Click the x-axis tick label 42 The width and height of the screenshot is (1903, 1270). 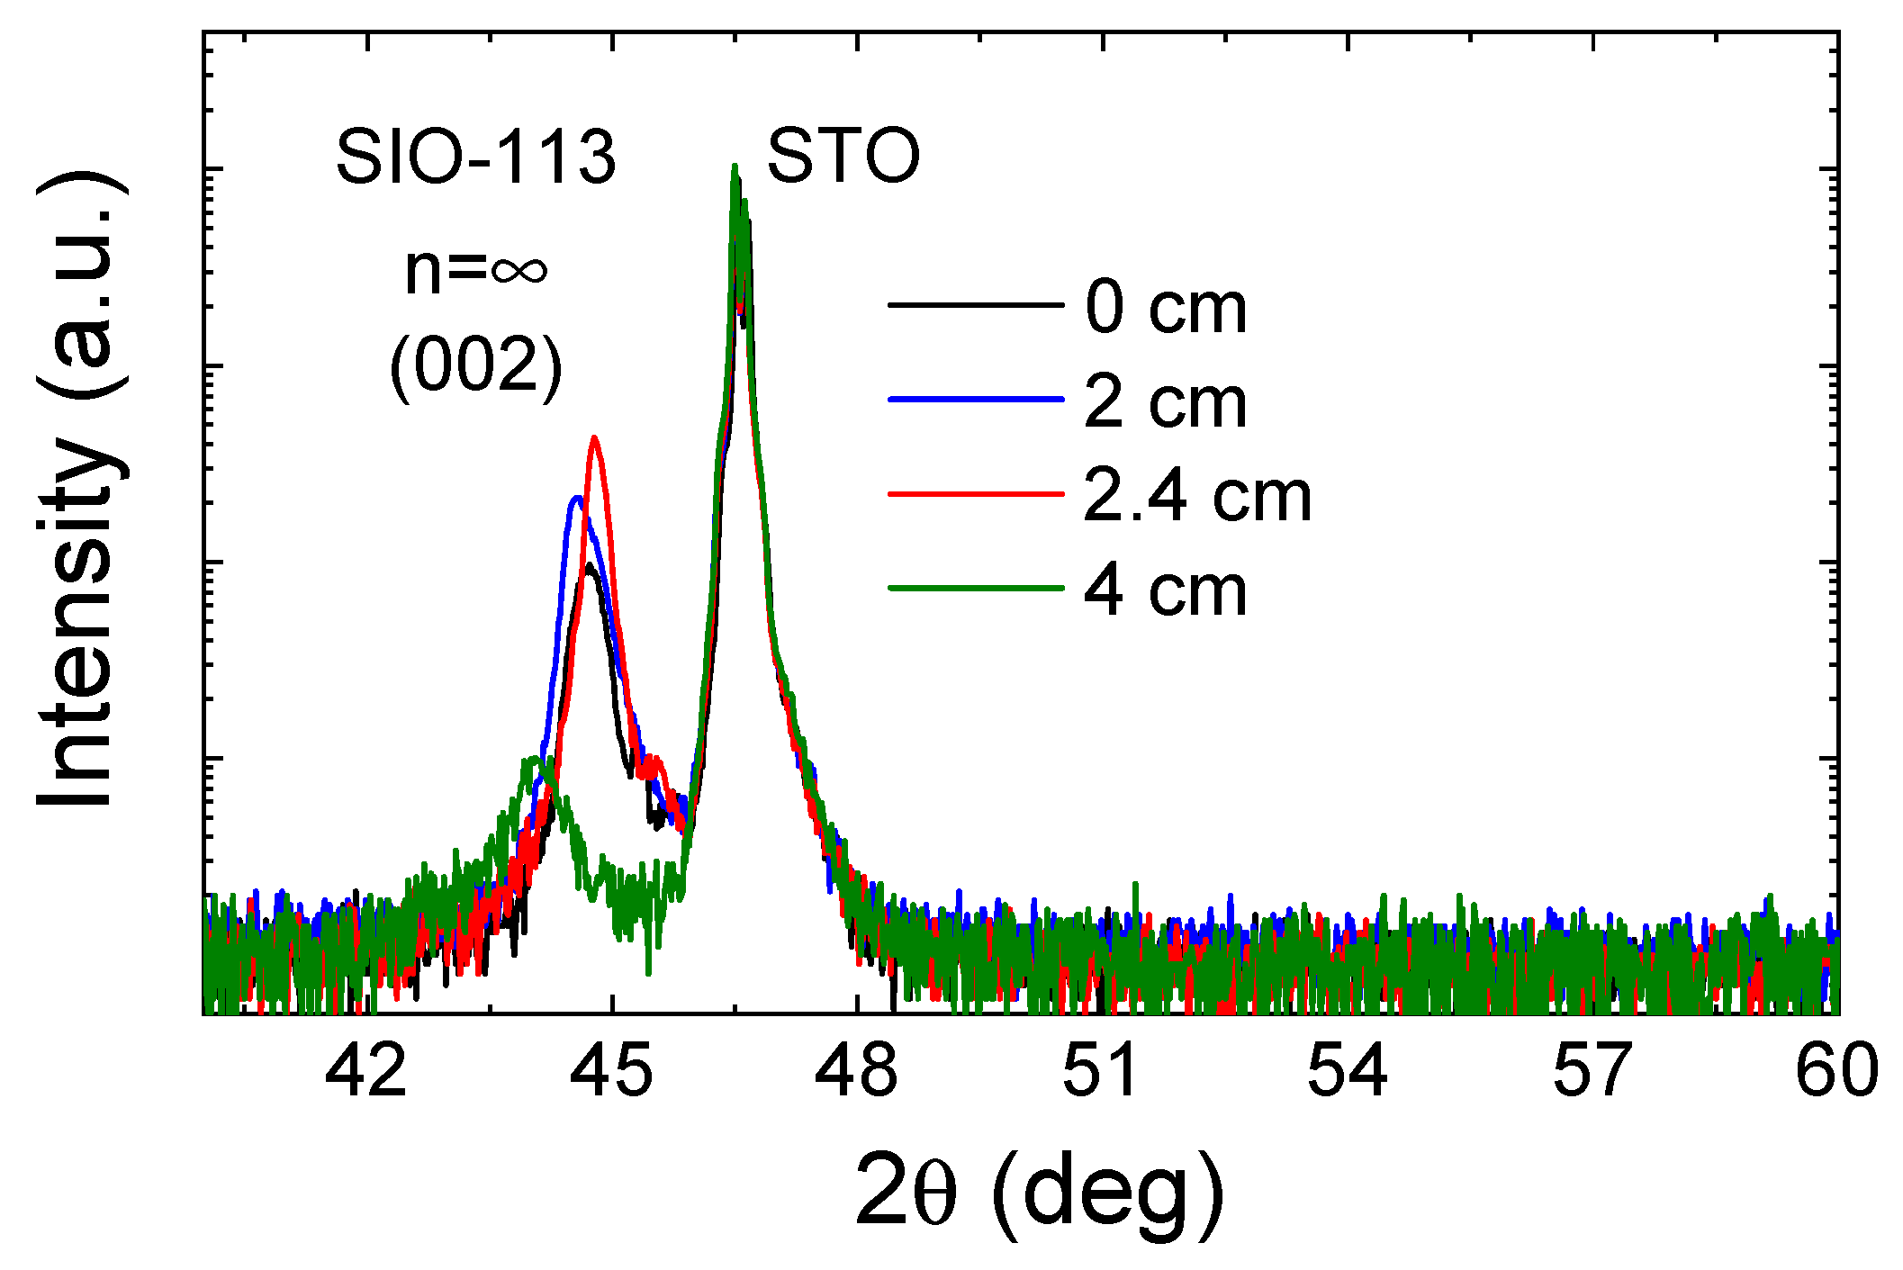(365, 1071)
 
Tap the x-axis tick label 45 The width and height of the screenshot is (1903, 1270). (612, 1071)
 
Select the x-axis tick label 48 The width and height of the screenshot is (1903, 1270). (856, 1071)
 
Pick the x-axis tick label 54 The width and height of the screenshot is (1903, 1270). (1348, 1071)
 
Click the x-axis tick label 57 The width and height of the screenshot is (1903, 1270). (1592, 1071)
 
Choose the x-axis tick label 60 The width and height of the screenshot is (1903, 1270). (1836, 1071)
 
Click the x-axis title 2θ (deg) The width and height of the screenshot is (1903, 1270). (1040, 1192)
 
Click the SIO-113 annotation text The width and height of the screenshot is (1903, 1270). (475, 158)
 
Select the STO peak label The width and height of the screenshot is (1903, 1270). (843, 158)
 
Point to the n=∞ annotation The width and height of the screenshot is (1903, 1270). (475, 269)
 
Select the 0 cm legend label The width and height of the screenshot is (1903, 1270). (1166, 307)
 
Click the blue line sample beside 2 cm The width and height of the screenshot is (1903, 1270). (976, 399)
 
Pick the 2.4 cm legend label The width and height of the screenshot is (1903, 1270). (1197, 496)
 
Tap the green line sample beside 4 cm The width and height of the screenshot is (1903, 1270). (976, 589)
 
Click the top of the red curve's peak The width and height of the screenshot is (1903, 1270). (594, 438)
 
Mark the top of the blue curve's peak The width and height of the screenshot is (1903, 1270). (576, 498)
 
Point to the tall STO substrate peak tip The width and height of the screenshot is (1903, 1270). (735, 167)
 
